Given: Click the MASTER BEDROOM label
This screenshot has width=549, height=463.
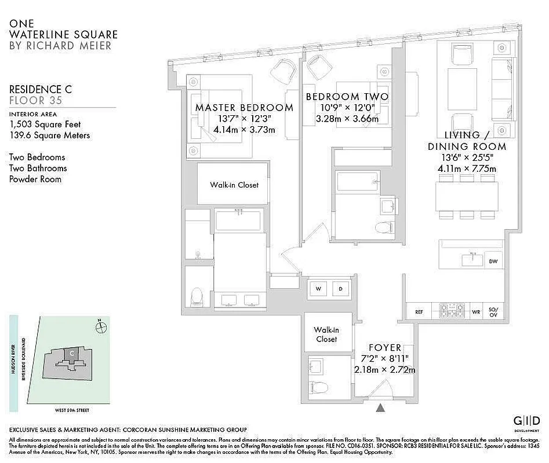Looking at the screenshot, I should point(244,108).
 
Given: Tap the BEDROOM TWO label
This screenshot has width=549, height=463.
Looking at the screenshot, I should point(347,97).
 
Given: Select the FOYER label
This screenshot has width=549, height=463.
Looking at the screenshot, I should point(384,347).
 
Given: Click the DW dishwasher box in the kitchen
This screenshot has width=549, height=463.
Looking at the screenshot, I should point(493,262).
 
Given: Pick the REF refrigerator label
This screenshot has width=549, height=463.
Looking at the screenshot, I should point(419,312).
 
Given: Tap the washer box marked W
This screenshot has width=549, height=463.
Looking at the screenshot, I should point(318,288).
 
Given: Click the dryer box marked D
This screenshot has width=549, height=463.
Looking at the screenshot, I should point(341,288).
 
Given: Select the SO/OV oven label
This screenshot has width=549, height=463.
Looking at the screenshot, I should point(493,312).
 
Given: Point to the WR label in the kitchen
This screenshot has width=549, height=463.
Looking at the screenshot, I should point(476,312).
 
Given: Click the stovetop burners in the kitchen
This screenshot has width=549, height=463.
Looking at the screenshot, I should point(452,311).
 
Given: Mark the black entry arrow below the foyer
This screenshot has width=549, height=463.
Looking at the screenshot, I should point(380,408).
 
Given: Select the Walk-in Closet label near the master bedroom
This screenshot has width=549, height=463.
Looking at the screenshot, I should point(234,185).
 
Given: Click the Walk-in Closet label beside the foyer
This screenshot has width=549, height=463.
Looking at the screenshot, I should point(326,334).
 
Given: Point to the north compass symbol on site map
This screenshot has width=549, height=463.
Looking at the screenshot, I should point(102,327).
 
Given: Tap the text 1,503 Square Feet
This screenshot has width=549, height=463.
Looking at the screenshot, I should point(45,124).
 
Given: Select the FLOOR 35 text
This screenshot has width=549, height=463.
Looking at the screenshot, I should point(35,101).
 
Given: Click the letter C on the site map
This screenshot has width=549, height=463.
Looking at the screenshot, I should point(71,353).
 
